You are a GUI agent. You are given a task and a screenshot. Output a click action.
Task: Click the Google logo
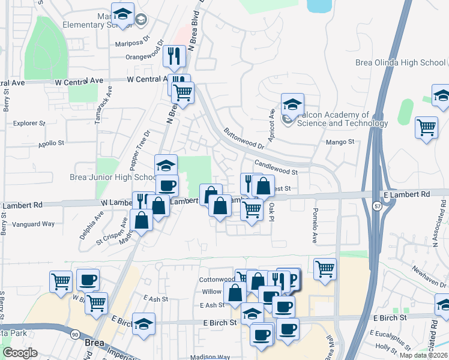point(20,353)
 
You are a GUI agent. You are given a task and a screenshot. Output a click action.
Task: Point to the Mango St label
point(340,142)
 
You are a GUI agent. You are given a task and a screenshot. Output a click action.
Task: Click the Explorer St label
point(29,123)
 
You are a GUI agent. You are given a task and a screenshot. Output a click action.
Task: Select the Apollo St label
point(51,143)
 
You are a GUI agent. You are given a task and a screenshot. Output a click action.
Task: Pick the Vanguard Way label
point(37,224)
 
